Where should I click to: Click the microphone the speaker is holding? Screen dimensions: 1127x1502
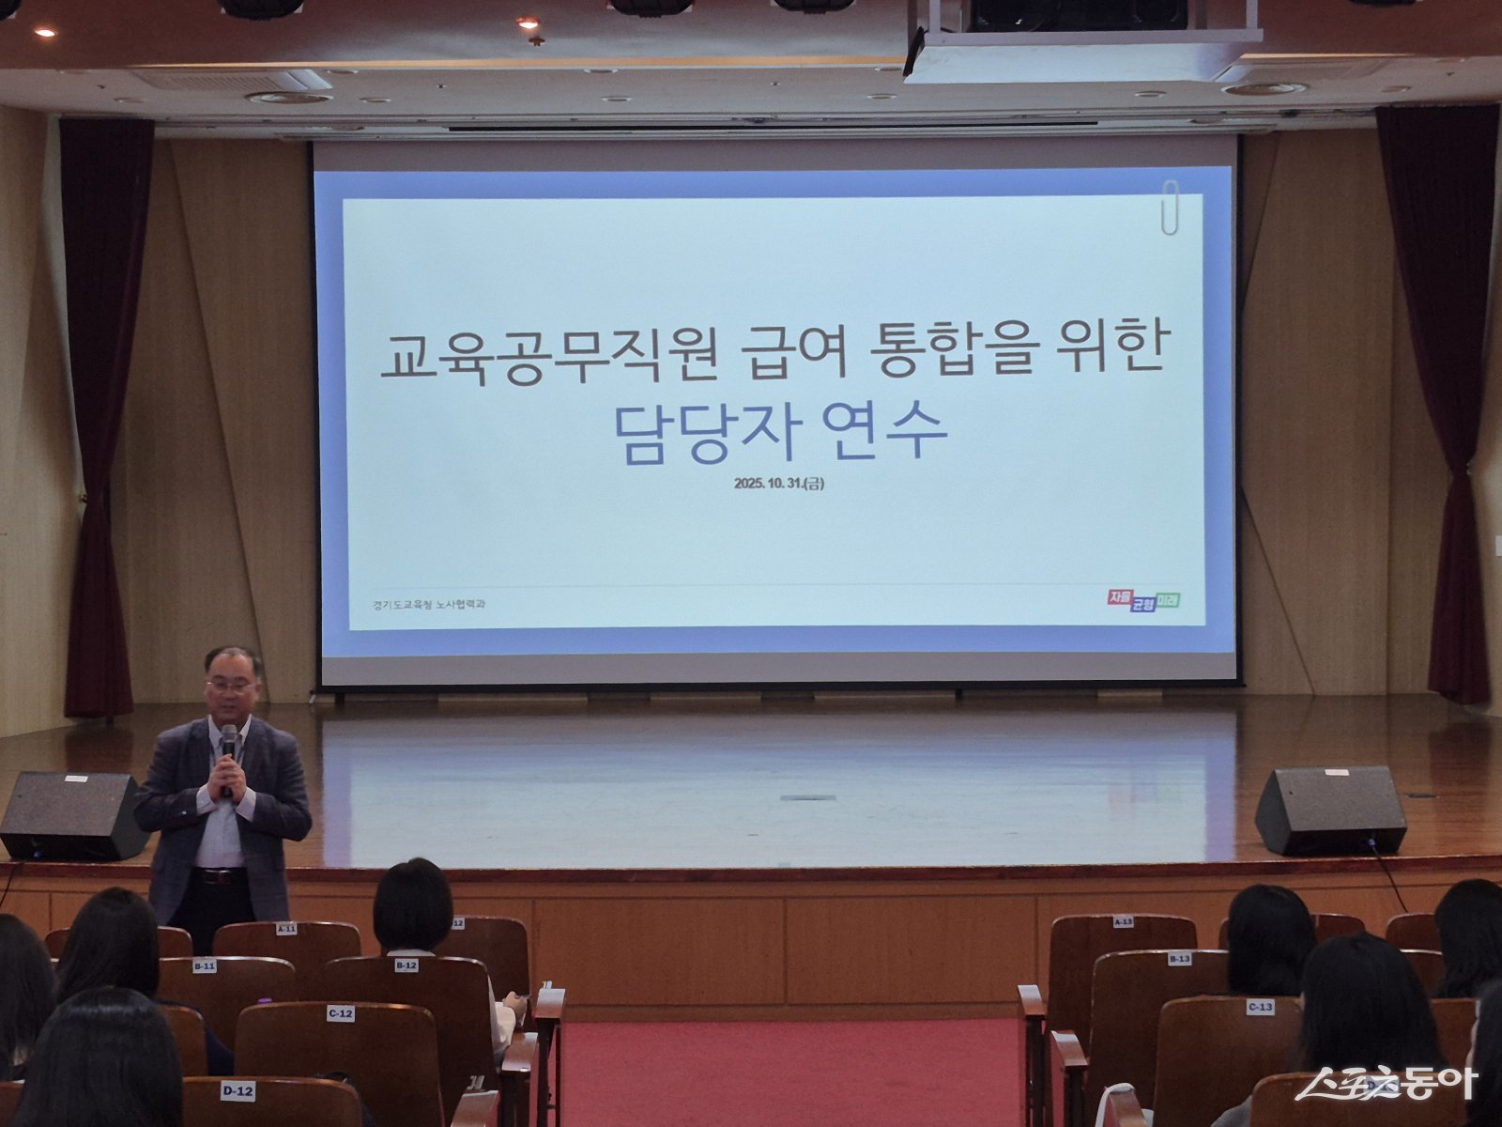point(228,751)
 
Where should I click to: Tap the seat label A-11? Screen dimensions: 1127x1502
point(286,929)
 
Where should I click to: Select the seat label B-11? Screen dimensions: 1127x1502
point(205,965)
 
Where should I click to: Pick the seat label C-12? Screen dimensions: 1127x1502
point(340,1013)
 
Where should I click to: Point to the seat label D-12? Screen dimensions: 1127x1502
point(238,1090)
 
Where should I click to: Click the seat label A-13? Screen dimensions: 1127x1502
point(1123,922)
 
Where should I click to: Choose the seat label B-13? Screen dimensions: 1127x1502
point(1179,959)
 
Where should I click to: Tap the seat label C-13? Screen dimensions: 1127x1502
point(1260,1008)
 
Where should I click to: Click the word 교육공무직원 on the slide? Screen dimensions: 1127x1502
point(549,356)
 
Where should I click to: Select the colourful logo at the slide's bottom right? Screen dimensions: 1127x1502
point(1142,600)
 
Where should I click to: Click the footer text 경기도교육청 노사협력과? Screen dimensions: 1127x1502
point(428,605)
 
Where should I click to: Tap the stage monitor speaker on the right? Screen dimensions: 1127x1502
point(1330,810)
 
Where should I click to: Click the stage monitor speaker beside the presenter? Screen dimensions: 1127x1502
point(71,815)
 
